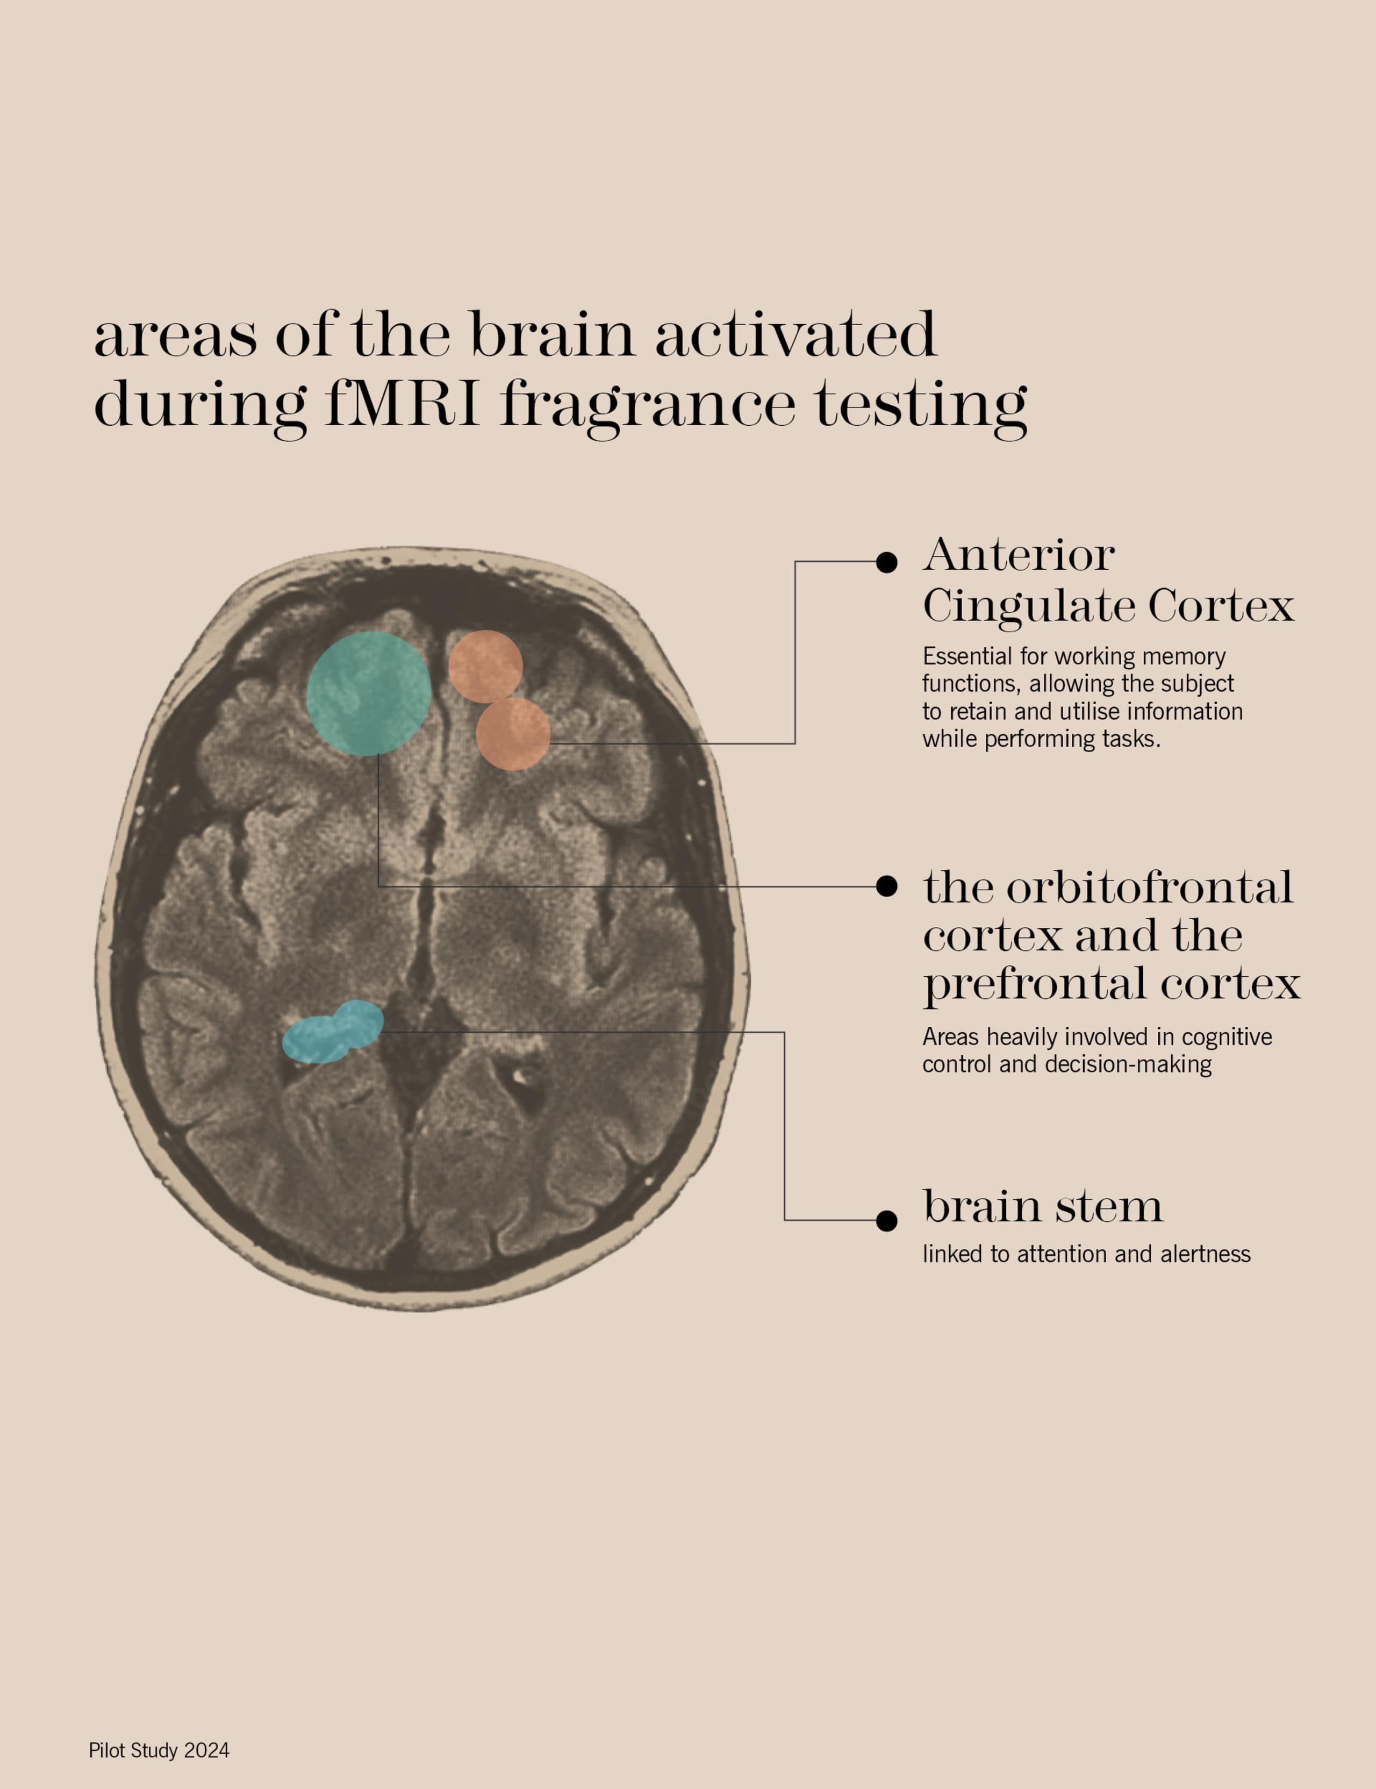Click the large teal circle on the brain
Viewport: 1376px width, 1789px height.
[x=369, y=693]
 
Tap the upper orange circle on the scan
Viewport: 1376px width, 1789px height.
[x=486, y=667]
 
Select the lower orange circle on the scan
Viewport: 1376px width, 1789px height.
[x=513, y=734]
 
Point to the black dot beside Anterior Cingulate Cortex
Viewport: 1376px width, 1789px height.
[x=886, y=562]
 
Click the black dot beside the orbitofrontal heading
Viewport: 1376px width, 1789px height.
[x=886, y=886]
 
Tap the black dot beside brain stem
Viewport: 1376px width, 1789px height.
[x=886, y=1220]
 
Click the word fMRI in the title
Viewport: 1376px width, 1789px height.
[x=402, y=403]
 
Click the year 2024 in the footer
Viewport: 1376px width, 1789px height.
[x=206, y=1750]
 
